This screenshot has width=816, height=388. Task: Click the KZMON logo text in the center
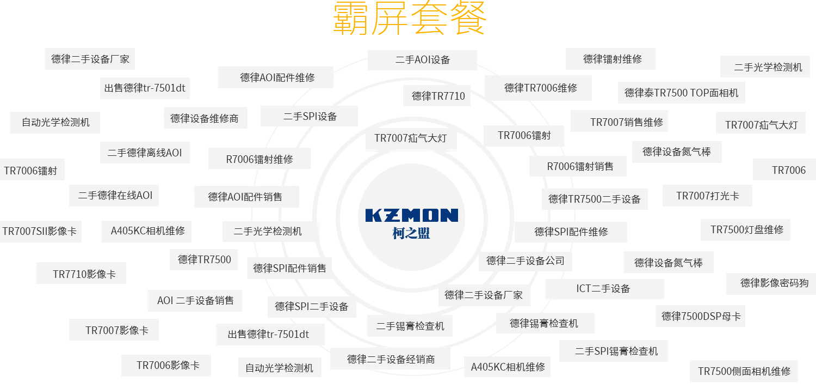pos(411,215)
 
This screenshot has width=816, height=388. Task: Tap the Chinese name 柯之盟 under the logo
pos(411,233)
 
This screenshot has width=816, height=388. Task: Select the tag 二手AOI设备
pos(422,60)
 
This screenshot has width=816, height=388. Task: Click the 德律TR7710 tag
pos(438,96)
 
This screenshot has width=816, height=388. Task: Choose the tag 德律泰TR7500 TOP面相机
pos(681,93)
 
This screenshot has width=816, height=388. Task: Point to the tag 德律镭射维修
pos(610,59)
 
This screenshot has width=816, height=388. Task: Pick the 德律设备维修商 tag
pos(205,118)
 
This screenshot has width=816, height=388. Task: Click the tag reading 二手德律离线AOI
pos(144,153)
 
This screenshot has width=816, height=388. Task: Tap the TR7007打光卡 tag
pos(707,196)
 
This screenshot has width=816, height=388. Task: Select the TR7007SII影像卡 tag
pos(39,231)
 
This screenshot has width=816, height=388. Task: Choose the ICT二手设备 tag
pos(604,288)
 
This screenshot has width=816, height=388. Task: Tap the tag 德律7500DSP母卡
pos(701,316)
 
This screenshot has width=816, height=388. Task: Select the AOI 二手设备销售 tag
pos(195,300)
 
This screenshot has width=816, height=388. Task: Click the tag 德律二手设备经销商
pos(391,359)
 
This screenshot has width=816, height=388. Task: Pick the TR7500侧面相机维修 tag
pos(744,371)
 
